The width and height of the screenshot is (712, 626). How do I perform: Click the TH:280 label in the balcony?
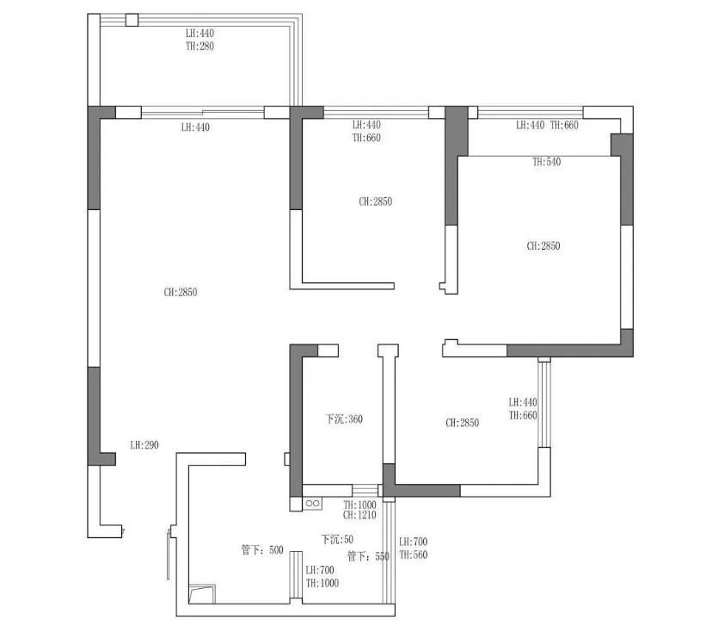199,46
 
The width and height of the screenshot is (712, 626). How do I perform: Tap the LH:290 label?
144,445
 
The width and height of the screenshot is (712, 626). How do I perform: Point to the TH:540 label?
547,162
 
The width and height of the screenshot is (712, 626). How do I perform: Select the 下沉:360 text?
344,418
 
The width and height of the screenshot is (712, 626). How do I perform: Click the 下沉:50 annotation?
337,540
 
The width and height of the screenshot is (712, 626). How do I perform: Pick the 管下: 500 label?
262,550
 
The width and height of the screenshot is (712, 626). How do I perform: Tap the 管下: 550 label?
368,556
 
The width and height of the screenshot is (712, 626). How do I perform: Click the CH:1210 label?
359,515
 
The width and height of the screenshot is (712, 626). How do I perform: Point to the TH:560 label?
414,555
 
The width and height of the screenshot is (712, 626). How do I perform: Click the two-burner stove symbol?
312,503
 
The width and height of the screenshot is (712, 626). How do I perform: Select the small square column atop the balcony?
132,20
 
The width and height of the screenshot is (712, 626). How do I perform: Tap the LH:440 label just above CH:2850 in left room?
195,127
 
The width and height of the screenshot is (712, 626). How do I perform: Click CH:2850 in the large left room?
181,292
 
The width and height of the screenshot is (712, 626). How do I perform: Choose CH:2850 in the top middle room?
376,201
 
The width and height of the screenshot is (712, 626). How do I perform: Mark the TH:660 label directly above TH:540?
564,125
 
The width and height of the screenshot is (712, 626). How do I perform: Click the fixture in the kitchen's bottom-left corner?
202,594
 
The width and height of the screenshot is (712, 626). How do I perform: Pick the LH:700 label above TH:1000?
320,570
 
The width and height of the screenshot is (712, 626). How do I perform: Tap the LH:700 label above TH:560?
414,542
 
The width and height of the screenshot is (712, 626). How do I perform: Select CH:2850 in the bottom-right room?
463,423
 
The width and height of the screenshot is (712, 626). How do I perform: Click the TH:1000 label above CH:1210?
359,505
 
